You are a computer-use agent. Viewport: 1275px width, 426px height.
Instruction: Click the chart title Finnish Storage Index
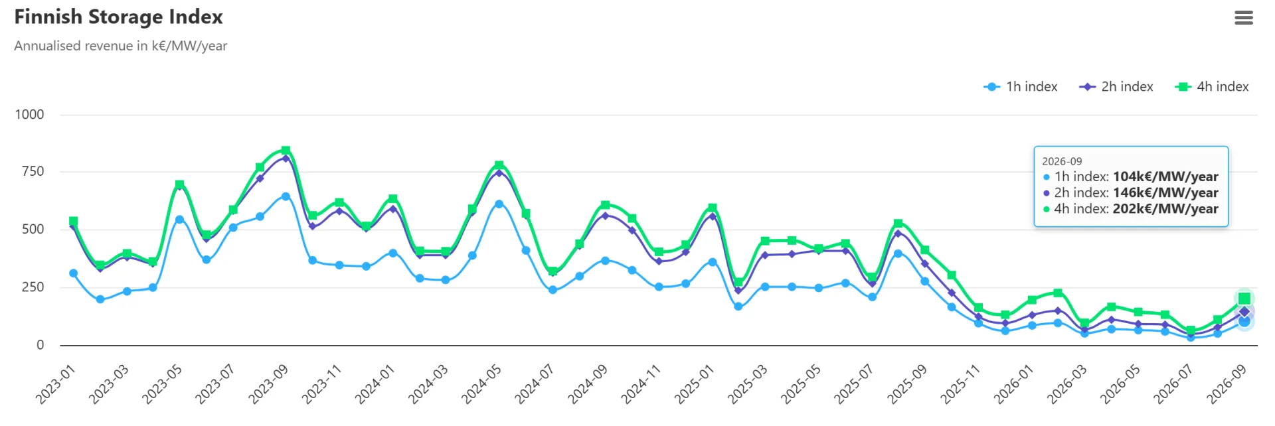pos(118,17)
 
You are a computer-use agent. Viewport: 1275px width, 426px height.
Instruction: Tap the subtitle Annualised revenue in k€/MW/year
pos(121,46)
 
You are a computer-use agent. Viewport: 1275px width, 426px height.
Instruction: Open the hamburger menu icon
pos(1244,18)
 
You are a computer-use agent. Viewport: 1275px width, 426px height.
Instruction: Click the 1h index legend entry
pos(1020,87)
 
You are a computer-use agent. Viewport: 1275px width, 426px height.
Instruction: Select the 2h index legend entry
pos(1116,87)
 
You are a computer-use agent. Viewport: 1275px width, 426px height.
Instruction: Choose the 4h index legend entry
pos(1211,87)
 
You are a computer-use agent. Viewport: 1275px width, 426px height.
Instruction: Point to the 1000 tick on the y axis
pos(29,115)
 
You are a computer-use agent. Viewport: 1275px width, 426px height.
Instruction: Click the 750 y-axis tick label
pos(33,172)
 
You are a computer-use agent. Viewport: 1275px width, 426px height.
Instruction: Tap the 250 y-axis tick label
pos(33,287)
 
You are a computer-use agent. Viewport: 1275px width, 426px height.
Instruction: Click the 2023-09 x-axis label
pos(268,384)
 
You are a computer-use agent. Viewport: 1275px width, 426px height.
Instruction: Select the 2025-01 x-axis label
pos(694,384)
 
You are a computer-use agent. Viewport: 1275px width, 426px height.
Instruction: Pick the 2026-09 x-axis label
pos(1227,384)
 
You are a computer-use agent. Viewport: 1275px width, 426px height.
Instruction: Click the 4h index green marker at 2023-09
pos(286,151)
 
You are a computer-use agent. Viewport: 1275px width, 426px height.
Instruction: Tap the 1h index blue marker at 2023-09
pos(286,196)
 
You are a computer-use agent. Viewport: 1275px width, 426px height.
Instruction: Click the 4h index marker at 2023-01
pos(73,221)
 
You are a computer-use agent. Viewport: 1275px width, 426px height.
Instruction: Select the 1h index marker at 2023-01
pos(73,273)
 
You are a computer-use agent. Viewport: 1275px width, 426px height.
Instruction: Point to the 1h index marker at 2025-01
pos(712,262)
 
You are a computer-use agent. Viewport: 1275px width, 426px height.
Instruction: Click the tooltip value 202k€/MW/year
pos(1165,209)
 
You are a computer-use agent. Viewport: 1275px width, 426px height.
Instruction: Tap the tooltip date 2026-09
pos(1062,161)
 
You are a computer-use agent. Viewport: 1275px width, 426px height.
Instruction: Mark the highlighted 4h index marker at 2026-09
pos(1244,299)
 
